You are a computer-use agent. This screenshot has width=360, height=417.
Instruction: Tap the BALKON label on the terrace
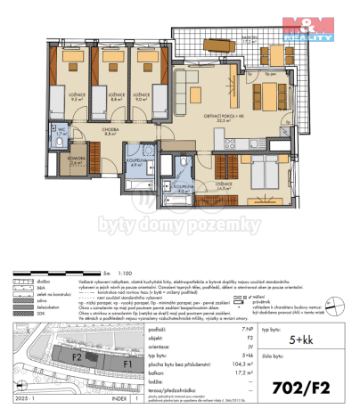pos(249,38)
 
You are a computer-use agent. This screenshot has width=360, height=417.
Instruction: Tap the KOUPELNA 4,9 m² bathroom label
pos(137,161)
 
